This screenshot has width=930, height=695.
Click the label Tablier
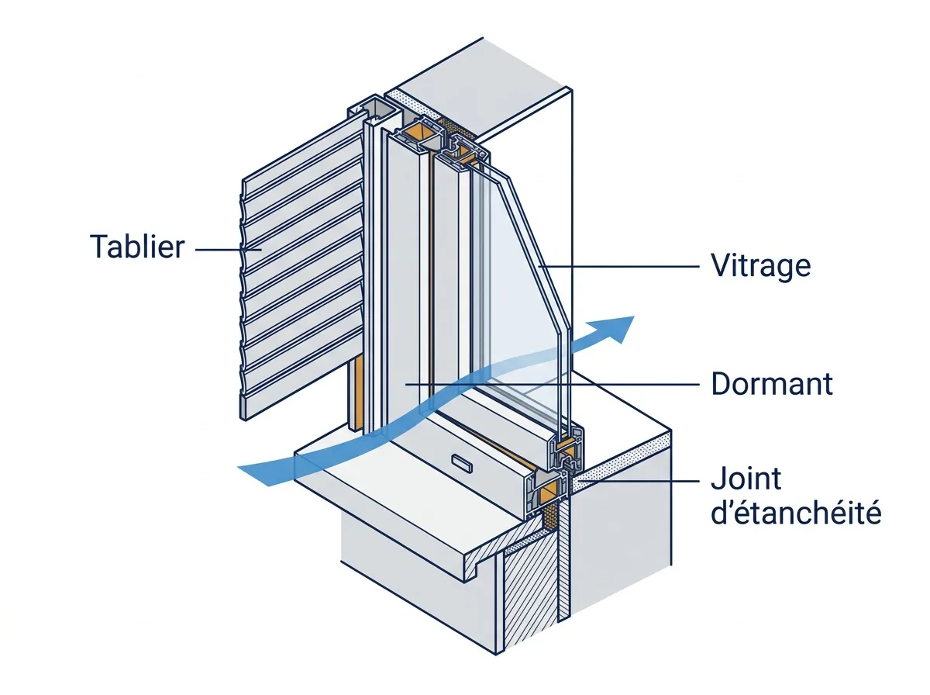pos(137,247)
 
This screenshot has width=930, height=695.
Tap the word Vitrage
pos(761,266)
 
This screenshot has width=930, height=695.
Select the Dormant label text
pos(772,384)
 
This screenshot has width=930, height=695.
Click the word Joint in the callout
pos(746,479)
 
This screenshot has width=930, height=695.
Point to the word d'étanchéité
pos(796,513)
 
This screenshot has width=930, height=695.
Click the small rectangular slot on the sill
pos(462,464)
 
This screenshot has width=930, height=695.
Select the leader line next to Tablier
pos(228,250)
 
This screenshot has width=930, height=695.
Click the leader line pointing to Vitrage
pos(618,266)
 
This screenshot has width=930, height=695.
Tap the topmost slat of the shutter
pos(301,156)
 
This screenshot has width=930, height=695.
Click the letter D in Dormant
pos(721,384)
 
